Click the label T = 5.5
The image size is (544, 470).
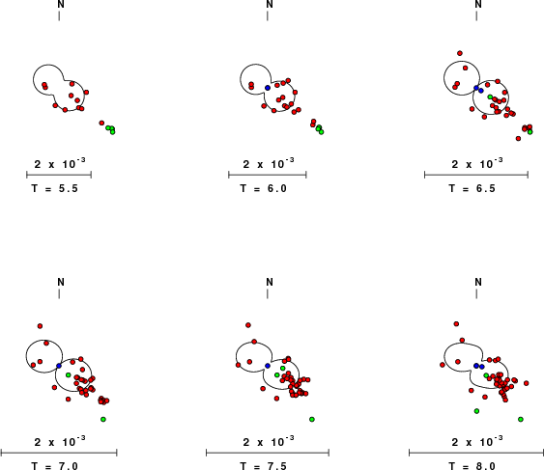55,188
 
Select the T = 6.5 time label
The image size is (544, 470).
472,188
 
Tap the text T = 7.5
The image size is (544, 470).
264,465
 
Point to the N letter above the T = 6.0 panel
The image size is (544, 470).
270,4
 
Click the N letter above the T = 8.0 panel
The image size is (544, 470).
478,282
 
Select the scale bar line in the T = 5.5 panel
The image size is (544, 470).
59,175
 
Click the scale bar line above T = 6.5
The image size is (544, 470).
476,175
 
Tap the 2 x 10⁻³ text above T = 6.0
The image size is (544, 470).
269,163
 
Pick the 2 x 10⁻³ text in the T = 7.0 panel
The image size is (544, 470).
60,441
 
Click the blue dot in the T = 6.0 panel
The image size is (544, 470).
268,88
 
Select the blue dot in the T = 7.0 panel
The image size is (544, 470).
59,366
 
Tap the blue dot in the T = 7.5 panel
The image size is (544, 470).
268,366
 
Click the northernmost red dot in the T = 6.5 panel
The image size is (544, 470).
460,53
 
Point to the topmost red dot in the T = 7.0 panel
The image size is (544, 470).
40,326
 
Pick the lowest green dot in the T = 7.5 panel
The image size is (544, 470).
312,420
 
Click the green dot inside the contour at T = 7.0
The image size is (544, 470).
69,375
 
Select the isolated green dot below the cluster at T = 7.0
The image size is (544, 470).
103,420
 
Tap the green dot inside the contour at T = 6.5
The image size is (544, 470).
490,97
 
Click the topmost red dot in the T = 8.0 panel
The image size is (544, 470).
456,324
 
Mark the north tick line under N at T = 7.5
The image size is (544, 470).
268,294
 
